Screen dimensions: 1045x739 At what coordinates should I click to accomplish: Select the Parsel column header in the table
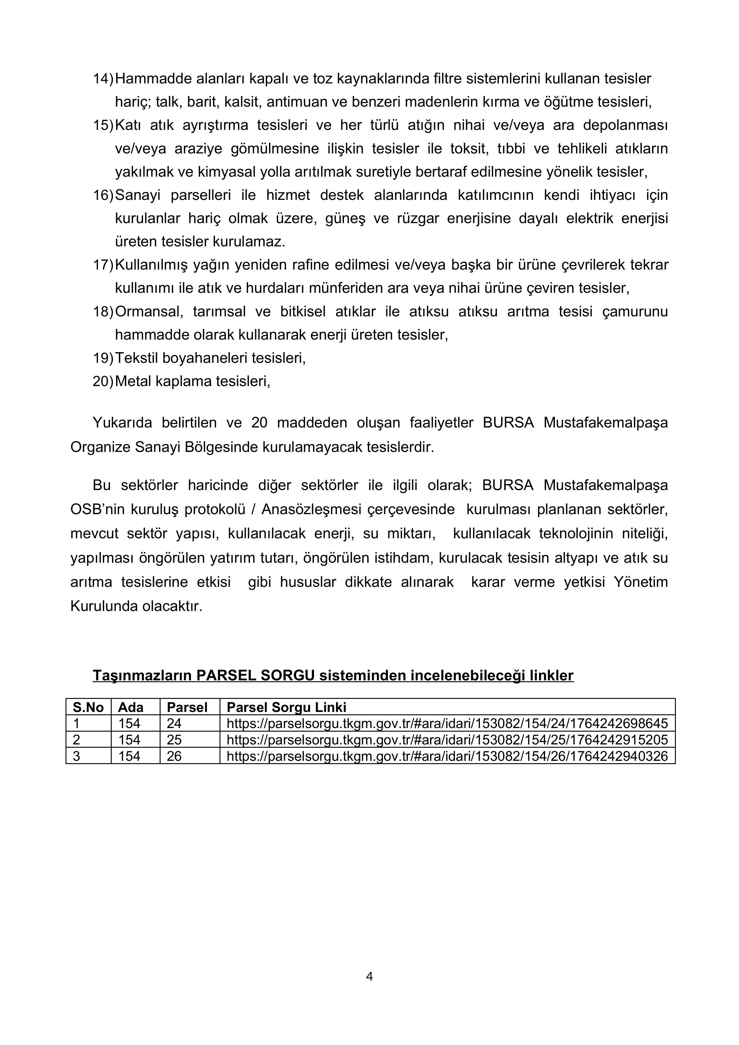pos(187,707)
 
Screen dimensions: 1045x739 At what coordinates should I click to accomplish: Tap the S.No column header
pos(88,707)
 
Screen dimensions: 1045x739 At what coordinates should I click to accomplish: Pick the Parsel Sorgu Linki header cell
pos(286,707)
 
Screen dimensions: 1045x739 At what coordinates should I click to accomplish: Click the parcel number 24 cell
pos(174,723)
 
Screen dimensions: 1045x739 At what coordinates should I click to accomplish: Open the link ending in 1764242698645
pos(447,723)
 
